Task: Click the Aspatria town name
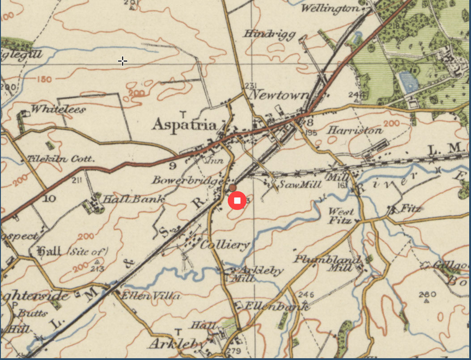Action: [185, 125]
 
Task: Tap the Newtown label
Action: [279, 95]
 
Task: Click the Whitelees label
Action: [58, 109]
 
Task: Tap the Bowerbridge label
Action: [187, 181]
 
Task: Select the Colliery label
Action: [225, 245]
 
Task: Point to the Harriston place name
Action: [355, 131]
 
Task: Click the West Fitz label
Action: [341, 216]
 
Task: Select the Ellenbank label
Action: [277, 306]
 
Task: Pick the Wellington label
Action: [330, 9]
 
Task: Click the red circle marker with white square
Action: [237, 201]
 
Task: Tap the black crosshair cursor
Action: [123, 61]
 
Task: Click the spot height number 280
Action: [428, 294]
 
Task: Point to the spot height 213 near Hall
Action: [97, 269]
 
